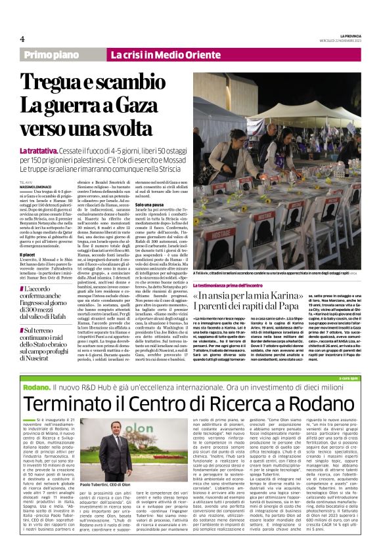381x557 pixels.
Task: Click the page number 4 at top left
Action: pyautogui.click(x=22, y=38)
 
